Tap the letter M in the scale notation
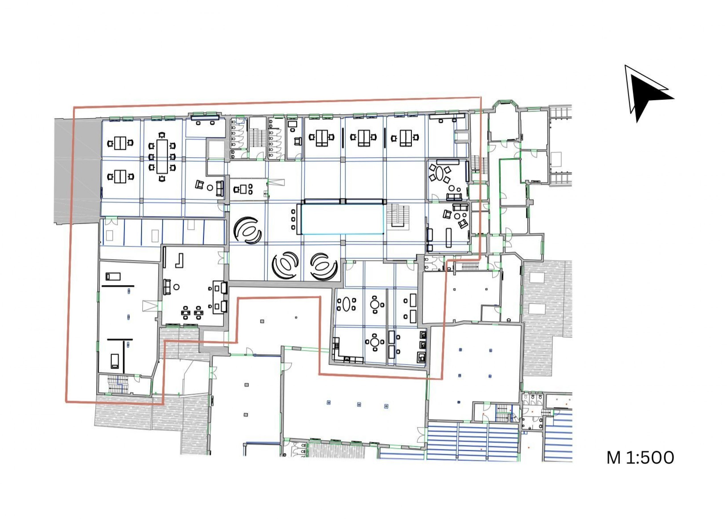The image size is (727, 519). [x=614, y=458]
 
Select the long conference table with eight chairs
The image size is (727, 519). [x=162, y=156]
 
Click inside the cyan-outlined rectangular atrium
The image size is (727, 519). [x=343, y=219]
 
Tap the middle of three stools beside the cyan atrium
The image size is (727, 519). [x=294, y=219]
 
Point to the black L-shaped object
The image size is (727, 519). [x=179, y=260]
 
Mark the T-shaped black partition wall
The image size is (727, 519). [x=120, y=353]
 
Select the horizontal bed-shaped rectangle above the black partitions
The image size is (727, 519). [x=113, y=276]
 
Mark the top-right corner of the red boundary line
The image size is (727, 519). [x=481, y=97]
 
